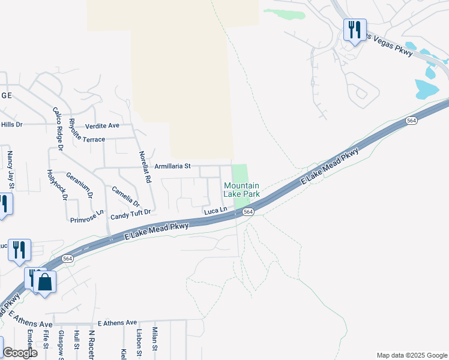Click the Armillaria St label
click(x=172, y=166)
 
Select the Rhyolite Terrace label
click(x=87, y=139)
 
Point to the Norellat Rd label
click(x=144, y=166)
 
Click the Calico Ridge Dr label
click(x=58, y=128)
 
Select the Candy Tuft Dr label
click(x=130, y=213)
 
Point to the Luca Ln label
click(x=215, y=211)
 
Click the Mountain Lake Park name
click(x=241, y=190)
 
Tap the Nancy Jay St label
click(x=10, y=168)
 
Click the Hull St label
click(x=76, y=339)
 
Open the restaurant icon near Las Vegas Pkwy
click(x=354, y=29)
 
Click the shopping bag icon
click(x=45, y=281)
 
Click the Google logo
click(x=20, y=352)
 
